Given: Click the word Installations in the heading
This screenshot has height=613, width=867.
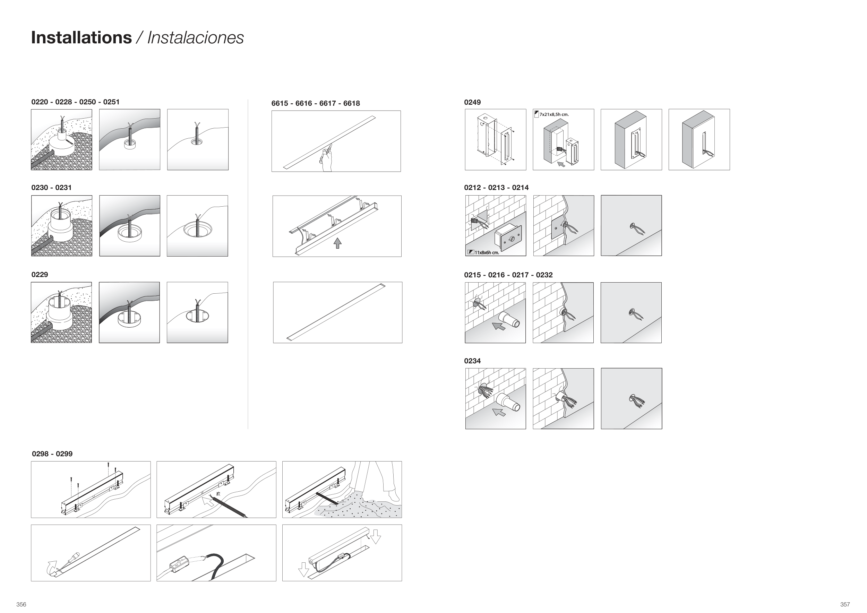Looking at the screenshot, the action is click(x=81, y=38).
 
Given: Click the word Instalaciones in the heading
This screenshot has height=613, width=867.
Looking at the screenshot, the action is click(x=195, y=38).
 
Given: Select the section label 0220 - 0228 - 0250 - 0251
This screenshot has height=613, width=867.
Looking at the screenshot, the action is click(x=76, y=102).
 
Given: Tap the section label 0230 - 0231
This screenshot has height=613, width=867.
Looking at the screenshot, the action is click(x=51, y=188).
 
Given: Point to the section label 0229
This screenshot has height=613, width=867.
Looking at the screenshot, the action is click(x=40, y=274).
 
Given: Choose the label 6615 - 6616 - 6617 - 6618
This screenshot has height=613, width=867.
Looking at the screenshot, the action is click(x=316, y=103).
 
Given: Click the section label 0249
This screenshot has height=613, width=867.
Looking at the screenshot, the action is click(x=472, y=102).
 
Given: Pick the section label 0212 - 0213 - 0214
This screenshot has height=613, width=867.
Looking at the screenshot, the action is click(x=496, y=188).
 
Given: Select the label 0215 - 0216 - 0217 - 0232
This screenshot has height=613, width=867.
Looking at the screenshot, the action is click(x=508, y=275).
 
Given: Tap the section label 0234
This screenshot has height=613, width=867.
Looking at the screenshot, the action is click(x=472, y=361).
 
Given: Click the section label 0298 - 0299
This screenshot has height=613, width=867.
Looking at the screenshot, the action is click(x=52, y=454).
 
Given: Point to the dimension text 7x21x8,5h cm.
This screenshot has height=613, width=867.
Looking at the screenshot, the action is click(x=554, y=114).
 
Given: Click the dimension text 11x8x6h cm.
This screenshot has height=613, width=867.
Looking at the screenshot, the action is click(x=487, y=252).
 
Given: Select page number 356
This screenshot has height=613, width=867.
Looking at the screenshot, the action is click(x=22, y=604).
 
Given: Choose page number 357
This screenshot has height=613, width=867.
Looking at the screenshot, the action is click(x=845, y=604).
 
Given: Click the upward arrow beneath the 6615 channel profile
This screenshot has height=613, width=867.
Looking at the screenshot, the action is click(x=337, y=243).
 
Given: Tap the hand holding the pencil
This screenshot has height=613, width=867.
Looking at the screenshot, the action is click(x=326, y=160).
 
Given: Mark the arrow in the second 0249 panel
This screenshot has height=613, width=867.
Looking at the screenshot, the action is click(x=561, y=164).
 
